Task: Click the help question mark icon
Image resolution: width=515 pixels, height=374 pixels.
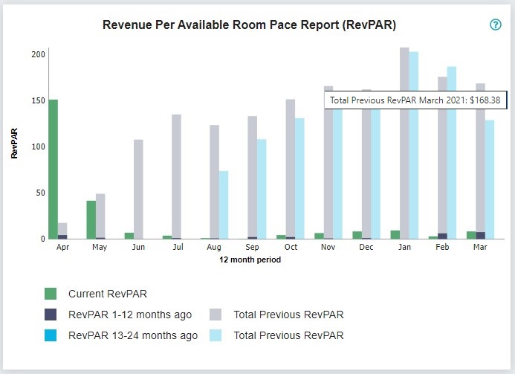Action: point(496,25)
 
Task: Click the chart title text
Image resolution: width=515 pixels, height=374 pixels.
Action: point(249,25)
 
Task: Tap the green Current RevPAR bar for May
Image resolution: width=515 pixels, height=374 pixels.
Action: point(91,219)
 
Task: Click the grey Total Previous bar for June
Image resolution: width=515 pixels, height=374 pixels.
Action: point(138,189)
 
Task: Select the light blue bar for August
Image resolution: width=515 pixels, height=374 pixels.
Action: point(223,204)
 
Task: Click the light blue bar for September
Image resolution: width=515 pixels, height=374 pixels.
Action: point(262,189)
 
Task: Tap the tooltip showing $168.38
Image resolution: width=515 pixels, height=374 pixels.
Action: point(415,100)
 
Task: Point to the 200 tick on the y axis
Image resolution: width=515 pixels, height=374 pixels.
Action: point(39,54)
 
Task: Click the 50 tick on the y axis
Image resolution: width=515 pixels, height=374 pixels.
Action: point(41,193)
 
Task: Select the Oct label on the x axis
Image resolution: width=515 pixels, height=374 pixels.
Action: point(291,248)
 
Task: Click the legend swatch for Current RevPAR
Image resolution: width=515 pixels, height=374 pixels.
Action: point(51,294)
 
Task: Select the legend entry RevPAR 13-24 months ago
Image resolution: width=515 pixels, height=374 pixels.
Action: point(132,335)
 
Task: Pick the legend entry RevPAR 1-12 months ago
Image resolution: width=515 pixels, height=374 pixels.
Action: point(129,315)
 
